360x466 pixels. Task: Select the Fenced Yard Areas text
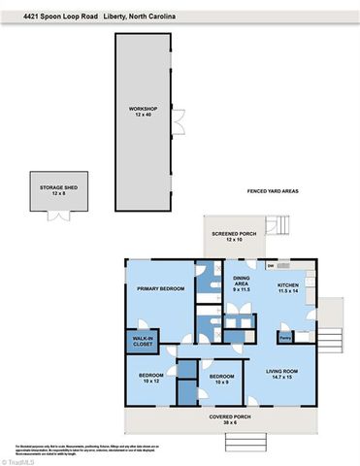tap(273, 191)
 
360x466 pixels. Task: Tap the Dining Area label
tap(243, 285)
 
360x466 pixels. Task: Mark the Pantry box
tap(285, 338)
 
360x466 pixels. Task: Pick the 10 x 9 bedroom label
tap(222, 378)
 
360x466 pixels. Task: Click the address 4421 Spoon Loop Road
tap(49, 9)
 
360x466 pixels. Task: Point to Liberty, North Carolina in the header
tap(136, 9)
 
